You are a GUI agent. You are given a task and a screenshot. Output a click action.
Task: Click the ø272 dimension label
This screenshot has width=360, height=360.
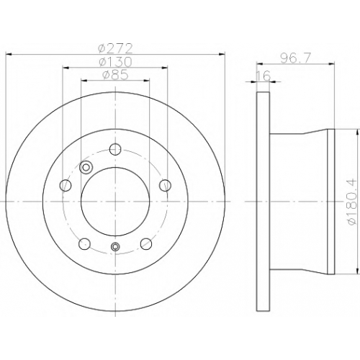[x=115, y=49]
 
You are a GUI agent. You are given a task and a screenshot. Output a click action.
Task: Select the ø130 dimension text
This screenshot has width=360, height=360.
[x=115, y=62]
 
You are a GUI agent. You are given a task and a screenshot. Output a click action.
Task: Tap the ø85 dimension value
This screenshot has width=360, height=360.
[x=115, y=75]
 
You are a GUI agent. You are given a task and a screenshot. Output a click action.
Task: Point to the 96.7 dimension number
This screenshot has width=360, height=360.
[x=296, y=58]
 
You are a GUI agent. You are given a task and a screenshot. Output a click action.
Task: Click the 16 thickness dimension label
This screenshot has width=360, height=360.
[x=264, y=76]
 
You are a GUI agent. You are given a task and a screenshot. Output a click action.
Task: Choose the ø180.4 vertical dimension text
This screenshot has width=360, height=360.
[x=352, y=201]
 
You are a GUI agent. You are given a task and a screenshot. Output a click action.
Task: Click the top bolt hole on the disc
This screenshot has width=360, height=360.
[x=115, y=149]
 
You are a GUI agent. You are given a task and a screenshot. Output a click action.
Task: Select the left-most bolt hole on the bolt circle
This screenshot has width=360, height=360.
[x=66, y=185]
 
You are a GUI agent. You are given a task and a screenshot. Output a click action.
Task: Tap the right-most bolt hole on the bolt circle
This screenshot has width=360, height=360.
[x=165, y=185]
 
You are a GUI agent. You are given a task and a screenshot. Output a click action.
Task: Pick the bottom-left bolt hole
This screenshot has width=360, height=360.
[x=84, y=244]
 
